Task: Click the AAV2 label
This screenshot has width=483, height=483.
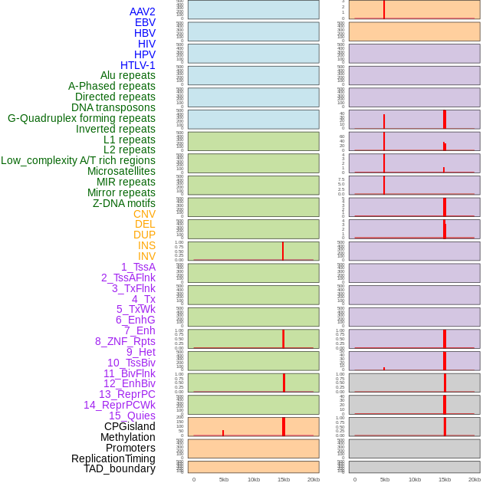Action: pos(142,11)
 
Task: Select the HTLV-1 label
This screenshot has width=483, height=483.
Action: pos(137,65)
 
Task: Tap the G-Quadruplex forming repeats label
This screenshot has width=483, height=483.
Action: pos(81,118)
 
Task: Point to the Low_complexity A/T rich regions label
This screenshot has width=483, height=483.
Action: pos(78,160)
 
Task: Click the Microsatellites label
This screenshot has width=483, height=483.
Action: pos(121,171)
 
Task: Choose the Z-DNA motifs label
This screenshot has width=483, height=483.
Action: pos(124,203)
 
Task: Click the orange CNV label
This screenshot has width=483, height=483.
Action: pos(144,214)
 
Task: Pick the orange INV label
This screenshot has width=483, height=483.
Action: pos(146,256)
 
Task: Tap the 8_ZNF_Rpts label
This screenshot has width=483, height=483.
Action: pos(125,341)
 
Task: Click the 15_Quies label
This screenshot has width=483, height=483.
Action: pos(132,416)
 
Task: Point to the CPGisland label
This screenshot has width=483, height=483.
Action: pos(130,426)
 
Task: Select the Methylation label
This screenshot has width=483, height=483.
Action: pos(128,437)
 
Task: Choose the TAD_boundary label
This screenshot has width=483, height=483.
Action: pos(120,468)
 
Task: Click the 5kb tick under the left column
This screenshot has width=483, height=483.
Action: pos(224,479)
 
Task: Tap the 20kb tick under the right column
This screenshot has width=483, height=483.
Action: pos(475,479)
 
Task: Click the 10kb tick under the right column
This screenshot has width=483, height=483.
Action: pos(415,479)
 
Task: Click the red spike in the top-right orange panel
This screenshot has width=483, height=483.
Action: pos(384,9)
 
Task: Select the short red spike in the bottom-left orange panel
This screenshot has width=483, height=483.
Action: pos(223,433)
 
